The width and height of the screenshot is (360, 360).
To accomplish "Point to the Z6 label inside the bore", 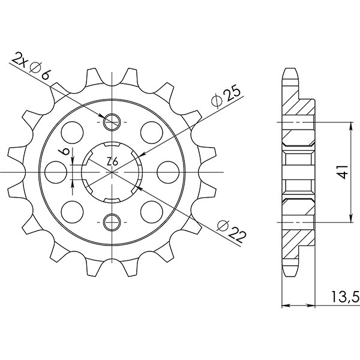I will pyautogui.click(x=112, y=161).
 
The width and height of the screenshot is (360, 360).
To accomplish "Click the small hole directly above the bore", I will pyautogui.click(x=112, y=122).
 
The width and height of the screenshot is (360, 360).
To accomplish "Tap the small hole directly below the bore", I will pyautogui.click(x=112, y=221).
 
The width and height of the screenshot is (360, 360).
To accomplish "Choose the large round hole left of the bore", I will pyautogui.click(x=56, y=172).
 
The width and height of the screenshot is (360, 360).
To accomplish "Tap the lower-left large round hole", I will pyautogui.click(x=72, y=212).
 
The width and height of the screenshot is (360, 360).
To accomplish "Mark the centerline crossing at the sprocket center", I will pyautogui.click(x=112, y=172).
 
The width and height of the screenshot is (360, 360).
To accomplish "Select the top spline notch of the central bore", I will pyautogui.click(x=112, y=145).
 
